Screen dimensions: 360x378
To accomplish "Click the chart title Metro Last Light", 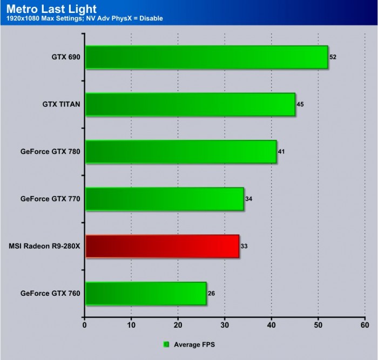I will pos(52,9).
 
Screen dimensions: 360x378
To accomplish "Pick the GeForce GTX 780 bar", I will pos(180,152).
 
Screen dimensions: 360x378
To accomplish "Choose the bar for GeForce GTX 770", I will pos(164,199).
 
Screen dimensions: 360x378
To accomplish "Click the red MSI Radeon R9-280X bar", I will pos(162,246).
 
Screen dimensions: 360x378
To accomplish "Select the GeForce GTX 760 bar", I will pos(145,294).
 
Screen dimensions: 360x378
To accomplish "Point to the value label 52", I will pos(333,57).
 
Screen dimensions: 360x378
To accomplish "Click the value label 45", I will pos(300,104).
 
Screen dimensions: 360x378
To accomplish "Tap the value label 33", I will pos(244,246).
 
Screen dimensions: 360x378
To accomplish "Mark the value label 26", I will pos(211,294).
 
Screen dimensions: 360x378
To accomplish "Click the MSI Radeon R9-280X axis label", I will pos(45,246).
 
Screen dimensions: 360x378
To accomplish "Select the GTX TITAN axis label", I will pos(62,104).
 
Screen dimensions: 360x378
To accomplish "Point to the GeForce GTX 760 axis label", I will pos(50,294).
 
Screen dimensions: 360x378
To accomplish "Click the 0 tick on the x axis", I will pos(85,325).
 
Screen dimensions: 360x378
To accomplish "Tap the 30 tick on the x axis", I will pos(225,325).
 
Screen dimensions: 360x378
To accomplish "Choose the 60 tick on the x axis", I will pos(364,325).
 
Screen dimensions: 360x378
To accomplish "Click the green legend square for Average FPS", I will pos(166,343).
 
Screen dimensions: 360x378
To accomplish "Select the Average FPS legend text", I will pos(194,343).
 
